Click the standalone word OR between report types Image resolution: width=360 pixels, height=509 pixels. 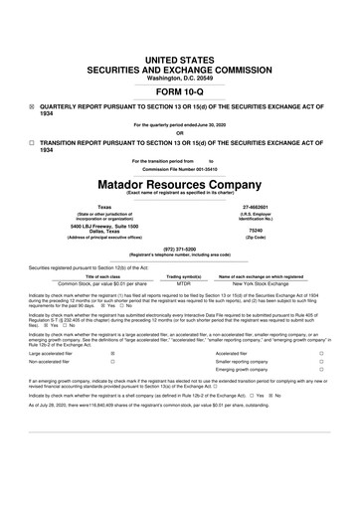click(x=179, y=133)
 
